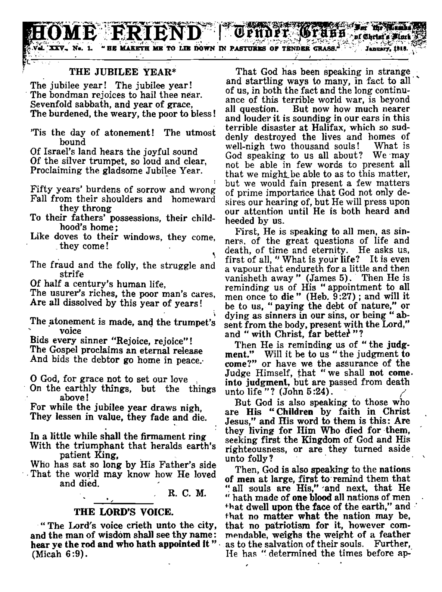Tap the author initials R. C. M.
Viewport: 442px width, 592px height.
(x=185, y=493)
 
